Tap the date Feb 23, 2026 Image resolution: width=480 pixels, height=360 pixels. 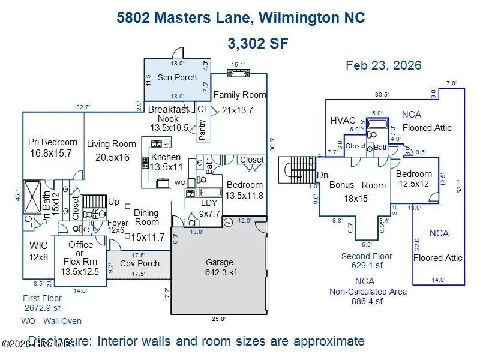point(383,65)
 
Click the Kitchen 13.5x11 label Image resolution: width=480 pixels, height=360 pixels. point(165,162)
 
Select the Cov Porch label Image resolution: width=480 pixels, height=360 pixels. point(140,263)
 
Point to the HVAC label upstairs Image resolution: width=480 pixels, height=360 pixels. point(343,121)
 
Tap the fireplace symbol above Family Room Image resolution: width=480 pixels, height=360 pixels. point(239,73)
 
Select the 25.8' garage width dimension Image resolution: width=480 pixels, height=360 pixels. point(218,319)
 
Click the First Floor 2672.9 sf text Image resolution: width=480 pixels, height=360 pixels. point(42,303)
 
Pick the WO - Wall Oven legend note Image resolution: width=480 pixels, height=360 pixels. point(51,321)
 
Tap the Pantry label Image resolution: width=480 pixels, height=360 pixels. point(202,130)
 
